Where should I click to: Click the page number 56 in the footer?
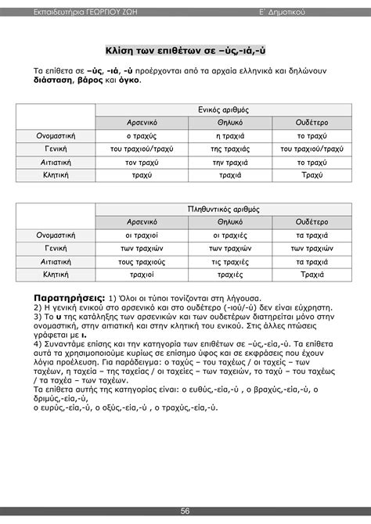pyautogui.click(x=185, y=511)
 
